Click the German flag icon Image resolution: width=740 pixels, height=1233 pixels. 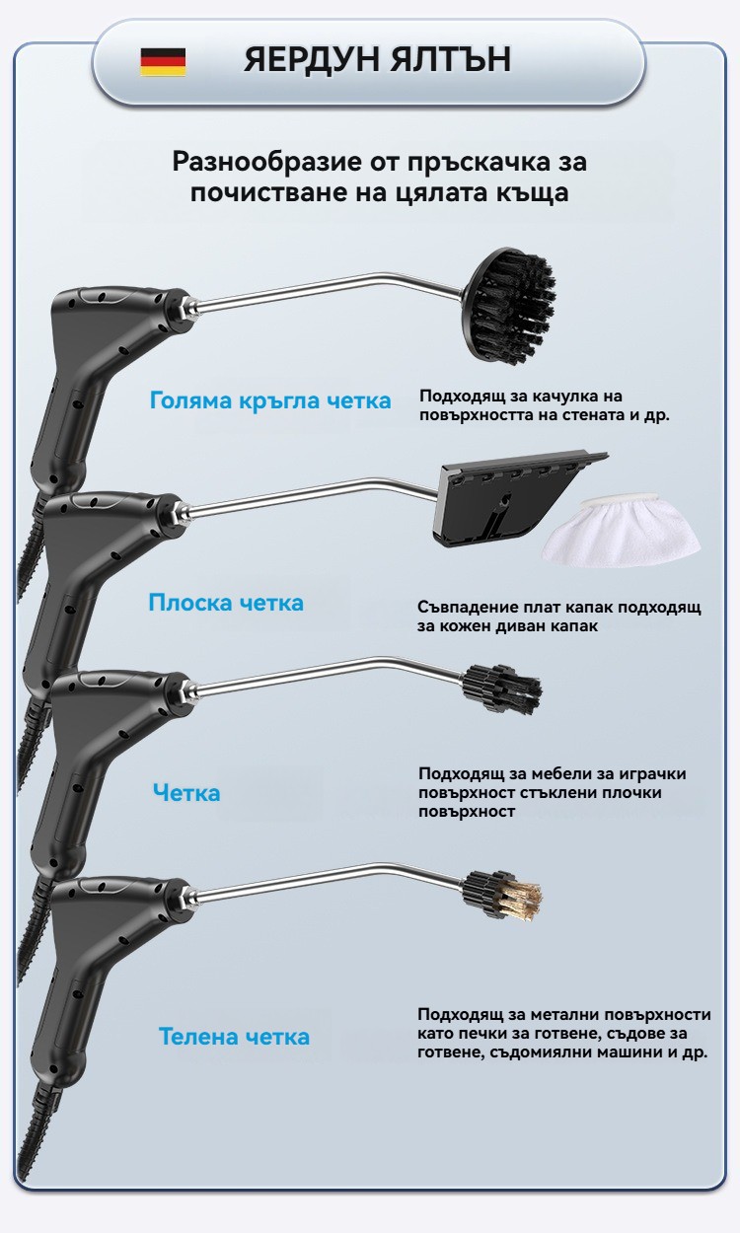[x=163, y=61]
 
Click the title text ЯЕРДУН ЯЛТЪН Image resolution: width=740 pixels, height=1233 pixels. [x=377, y=59]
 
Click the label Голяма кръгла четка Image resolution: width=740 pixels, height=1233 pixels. [x=270, y=400]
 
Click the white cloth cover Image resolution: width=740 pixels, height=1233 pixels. [x=622, y=530]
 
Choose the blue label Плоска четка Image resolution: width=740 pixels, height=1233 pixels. [x=226, y=603]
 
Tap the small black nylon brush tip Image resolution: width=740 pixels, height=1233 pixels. [x=502, y=689]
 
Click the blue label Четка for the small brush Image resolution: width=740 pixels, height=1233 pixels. [x=186, y=793]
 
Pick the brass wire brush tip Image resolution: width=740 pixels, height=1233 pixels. [x=502, y=896]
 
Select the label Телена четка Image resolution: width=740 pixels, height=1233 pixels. [x=234, y=1037]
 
